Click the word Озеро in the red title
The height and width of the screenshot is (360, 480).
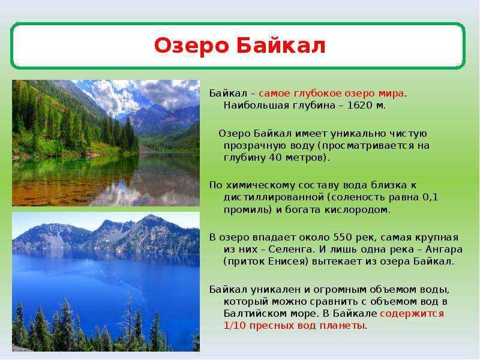click(x=191, y=46)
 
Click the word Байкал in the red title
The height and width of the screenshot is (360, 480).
click(x=281, y=46)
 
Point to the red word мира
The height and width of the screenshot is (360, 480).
click(x=391, y=94)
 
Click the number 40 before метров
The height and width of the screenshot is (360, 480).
click(x=276, y=158)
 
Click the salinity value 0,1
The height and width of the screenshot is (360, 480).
click(x=430, y=197)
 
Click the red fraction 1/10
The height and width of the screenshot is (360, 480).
click(x=235, y=326)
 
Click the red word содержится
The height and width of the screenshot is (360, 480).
click(x=412, y=314)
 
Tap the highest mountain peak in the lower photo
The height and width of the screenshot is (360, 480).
click(x=150, y=217)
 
